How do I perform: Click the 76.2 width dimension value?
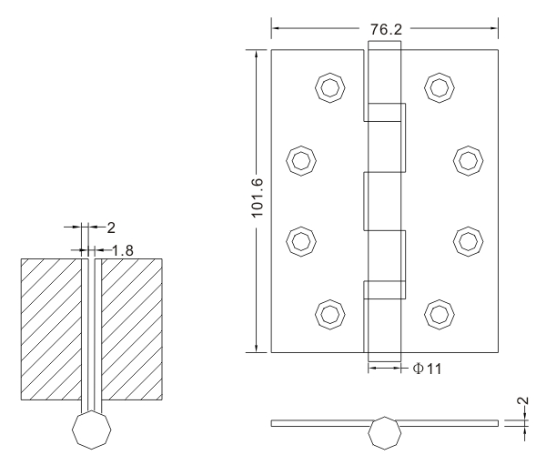click(386, 28)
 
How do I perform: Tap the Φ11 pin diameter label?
click(421, 368)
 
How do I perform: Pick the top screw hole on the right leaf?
click(440, 87)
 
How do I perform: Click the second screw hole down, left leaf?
click(298, 161)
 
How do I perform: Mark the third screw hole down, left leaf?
click(298, 240)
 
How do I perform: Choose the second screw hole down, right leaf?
click(468, 161)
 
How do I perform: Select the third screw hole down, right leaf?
click(468, 240)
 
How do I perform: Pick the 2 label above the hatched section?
click(110, 227)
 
